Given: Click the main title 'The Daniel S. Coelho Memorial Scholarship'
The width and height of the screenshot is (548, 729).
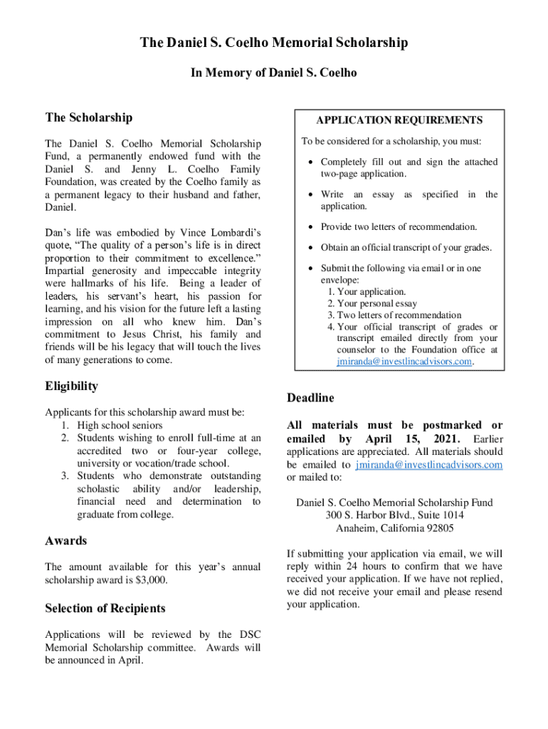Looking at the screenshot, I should [273, 43].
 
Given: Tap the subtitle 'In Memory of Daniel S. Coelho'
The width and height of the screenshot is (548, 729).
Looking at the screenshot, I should [273, 73].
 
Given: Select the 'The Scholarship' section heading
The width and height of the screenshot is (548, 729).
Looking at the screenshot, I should [88, 117].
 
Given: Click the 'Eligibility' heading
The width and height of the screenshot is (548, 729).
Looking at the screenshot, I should [71, 387].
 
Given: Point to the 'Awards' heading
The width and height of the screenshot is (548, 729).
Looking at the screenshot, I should [65, 540].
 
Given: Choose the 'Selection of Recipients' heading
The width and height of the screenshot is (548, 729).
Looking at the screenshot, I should [105, 608].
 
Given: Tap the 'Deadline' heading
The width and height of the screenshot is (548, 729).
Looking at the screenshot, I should [310, 397].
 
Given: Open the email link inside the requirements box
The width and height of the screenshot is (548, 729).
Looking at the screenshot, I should [404, 362].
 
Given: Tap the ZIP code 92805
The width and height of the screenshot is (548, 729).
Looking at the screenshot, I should [436, 528].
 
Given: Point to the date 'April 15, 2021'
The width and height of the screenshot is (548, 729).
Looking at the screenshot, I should [413, 438].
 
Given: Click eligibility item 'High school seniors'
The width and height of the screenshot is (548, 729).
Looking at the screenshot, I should [120, 425].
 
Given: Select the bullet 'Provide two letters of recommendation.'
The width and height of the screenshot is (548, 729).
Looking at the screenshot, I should [399, 227].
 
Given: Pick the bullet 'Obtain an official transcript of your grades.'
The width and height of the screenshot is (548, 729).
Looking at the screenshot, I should [406, 248].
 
